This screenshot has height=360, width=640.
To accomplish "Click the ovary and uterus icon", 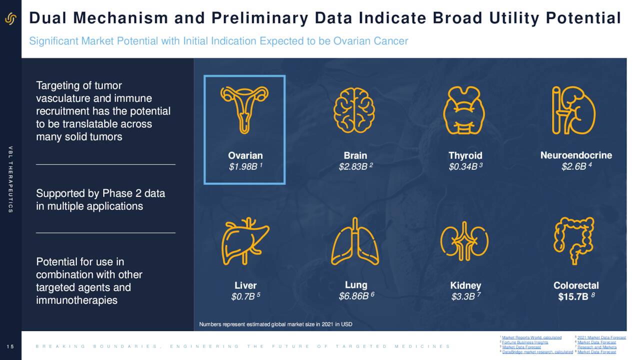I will pos(244,109).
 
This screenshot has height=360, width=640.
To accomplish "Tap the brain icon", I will pos(354,110).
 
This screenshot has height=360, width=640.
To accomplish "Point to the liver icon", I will pos(245,241).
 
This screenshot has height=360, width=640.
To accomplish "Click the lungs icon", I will pos(355,241).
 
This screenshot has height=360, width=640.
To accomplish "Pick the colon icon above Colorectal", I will pos(574,240).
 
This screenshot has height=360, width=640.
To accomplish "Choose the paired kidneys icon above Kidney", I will pos(464,240).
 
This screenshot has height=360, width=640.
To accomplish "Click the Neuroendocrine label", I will pos(576,155).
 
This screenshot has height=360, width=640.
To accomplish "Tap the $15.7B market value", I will pos(573,297).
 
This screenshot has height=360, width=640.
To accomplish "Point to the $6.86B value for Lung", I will pos(353,297).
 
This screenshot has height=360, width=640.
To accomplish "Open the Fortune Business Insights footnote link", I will pos(525,342).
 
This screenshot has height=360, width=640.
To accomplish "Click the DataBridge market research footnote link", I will pos(537,352).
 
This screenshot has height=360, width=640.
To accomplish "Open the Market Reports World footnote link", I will pos(531,337).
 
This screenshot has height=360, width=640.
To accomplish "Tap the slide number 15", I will pos(10,346).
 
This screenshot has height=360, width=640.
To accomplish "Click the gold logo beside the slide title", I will pos(10,19).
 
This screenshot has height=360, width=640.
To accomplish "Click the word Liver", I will pos(245,285).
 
